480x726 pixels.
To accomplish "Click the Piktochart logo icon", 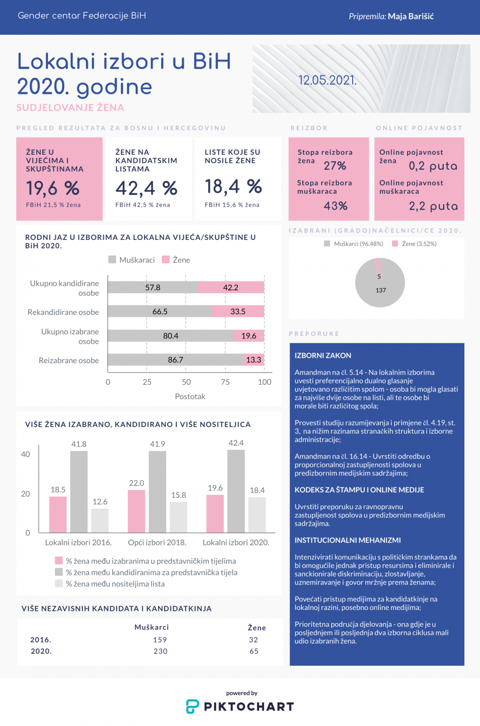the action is [x=192, y=706].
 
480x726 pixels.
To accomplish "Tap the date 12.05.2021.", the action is [x=327, y=80].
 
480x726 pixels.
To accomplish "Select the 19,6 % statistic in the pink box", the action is [x=52, y=188].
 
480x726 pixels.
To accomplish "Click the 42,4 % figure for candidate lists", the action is [x=146, y=188].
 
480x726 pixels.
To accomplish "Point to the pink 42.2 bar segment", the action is [x=231, y=287].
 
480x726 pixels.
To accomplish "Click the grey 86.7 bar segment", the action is [x=175, y=360].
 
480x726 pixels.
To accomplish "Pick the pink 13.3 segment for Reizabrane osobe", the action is [x=254, y=360].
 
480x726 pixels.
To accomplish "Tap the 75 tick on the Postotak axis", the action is [x=225, y=382].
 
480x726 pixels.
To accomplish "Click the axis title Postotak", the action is [x=190, y=397].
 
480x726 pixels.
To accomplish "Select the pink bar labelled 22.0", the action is [x=137, y=511].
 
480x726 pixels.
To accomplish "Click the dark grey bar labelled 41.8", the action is [x=79, y=492].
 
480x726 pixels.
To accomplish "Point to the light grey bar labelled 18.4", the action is [x=257, y=515].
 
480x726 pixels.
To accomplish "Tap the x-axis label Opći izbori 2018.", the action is [x=157, y=542].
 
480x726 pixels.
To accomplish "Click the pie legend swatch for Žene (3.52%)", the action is [x=395, y=244].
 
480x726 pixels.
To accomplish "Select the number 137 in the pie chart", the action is [x=381, y=290].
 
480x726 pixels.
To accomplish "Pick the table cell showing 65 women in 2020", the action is [x=254, y=651].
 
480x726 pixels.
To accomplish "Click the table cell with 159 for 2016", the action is [x=160, y=640].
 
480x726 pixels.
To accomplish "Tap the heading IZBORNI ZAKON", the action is [x=323, y=355].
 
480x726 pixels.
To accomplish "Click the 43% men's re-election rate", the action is [x=336, y=206].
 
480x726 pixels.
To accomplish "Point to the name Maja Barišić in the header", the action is [x=411, y=16].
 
